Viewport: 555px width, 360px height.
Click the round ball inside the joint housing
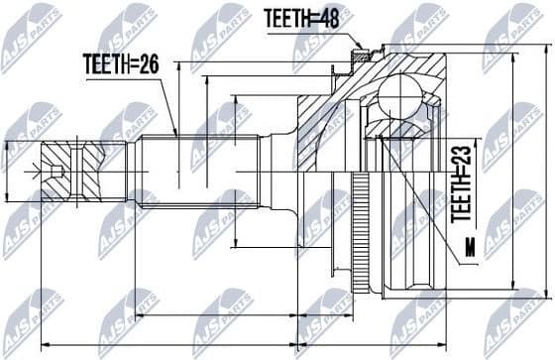400,99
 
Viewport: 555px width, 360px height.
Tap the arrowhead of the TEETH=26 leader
175,134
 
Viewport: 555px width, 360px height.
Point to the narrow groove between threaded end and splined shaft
133,171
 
